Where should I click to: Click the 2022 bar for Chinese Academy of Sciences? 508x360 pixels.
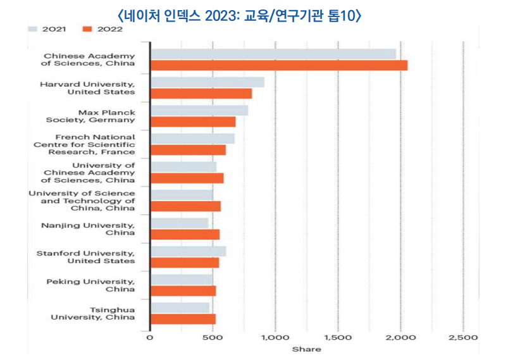click(x=278, y=65)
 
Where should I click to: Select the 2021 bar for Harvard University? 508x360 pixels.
click(x=207, y=82)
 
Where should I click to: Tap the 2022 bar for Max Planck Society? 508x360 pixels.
click(x=192, y=121)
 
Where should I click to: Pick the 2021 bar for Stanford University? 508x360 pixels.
click(x=188, y=251)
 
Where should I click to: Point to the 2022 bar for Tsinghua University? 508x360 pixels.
click(x=182, y=319)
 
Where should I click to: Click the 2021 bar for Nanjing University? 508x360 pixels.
click(x=179, y=223)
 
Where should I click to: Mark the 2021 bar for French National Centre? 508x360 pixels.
click(x=192, y=139)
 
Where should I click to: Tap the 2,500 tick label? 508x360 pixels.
click(x=463, y=338)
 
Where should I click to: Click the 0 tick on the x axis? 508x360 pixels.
click(x=150, y=338)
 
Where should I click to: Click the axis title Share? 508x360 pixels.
click(x=306, y=349)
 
